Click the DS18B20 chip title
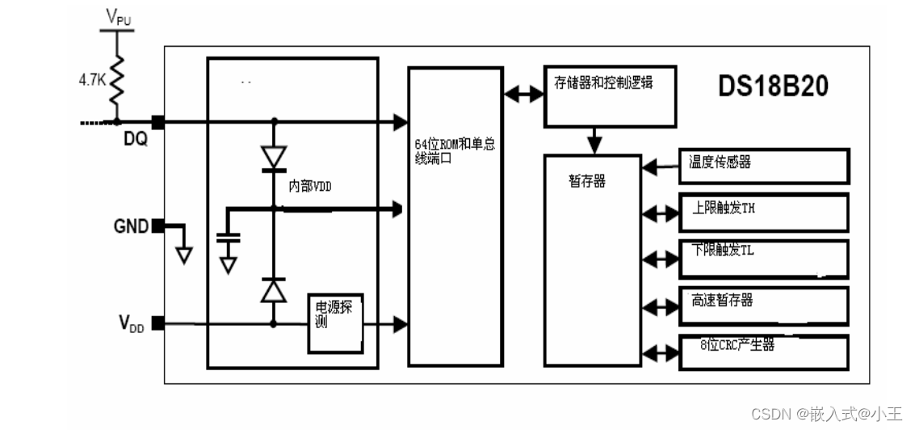point(774,87)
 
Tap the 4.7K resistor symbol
point(118,81)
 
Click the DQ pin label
point(136,140)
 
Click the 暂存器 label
point(587,182)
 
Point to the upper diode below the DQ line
point(274,158)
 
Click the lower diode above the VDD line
point(274,289)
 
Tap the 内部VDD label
point(310,186)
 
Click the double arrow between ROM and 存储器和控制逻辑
point(523,94)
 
